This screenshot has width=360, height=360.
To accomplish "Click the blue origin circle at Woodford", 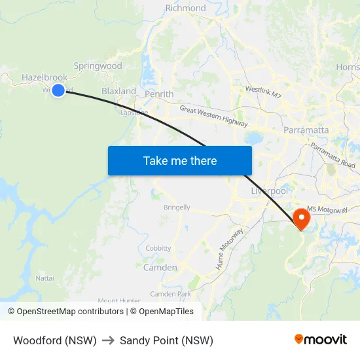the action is point(58,90).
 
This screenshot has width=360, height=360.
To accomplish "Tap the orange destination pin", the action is point(302,218).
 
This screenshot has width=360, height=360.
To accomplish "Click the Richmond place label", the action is point(185,9).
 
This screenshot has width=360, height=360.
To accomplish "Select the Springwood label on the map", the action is point(98,65).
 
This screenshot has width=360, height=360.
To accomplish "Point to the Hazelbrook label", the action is point(45,77).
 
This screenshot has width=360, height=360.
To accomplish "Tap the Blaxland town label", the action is point(118,91).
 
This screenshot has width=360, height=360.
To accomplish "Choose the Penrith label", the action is point(159,94).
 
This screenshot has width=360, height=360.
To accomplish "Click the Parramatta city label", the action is point(306,130).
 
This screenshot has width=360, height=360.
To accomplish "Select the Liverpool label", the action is point(270,190).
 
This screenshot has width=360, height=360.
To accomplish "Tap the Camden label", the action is point(160,267).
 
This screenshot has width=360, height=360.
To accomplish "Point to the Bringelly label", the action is point(177,207).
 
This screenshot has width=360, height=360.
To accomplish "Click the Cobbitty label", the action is point(158,248).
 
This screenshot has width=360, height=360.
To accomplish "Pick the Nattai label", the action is point(45,278).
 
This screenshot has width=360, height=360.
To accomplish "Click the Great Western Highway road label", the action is point(213,116).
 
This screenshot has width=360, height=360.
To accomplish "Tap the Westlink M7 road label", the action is point(263,92).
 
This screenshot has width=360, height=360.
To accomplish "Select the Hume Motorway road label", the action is point(230,249).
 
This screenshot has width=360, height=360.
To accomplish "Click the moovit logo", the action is point(320,340).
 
